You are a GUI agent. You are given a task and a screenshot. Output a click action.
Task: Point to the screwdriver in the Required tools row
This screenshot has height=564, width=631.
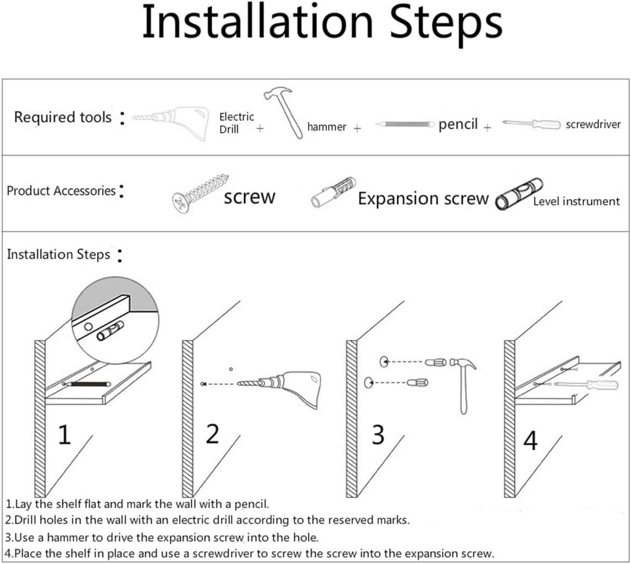point(531,124)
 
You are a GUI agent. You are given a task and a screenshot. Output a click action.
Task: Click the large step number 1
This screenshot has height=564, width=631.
point(64,435)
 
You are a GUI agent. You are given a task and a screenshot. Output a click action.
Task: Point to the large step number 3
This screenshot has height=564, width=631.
point(377,435)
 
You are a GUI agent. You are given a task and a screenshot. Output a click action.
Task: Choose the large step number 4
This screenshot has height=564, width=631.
point(530,441)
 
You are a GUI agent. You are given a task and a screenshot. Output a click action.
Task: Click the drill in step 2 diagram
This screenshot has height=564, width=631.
point(287,386)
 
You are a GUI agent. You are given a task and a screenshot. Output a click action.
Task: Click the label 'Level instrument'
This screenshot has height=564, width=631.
point(576,201)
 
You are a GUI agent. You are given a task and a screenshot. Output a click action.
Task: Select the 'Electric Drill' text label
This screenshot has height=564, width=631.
point(236,123)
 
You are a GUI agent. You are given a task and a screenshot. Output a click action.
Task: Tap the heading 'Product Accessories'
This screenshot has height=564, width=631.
point(61,191)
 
